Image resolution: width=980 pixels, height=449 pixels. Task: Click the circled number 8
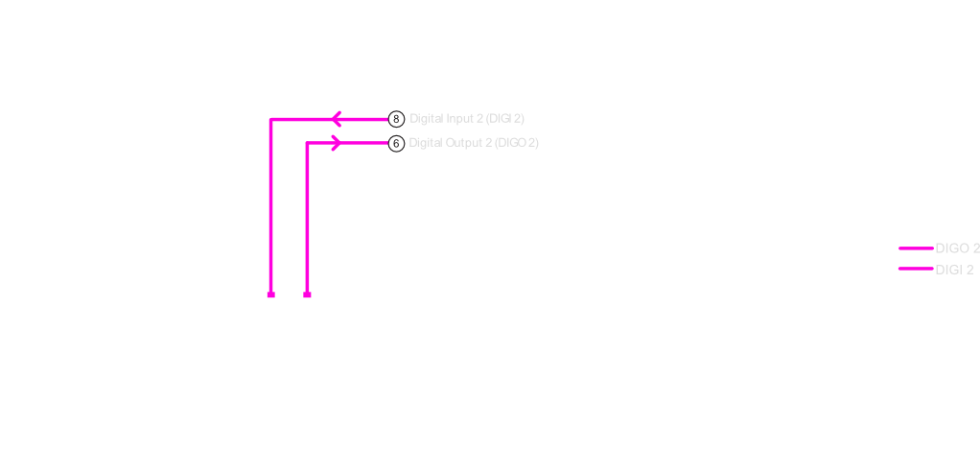[396, 119]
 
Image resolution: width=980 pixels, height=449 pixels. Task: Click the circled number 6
[396, 143]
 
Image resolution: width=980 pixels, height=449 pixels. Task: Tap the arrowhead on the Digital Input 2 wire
[337, 119]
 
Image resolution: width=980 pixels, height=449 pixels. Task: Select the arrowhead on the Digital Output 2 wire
[336, 143]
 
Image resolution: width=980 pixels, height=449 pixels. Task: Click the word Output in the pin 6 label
[469, 143]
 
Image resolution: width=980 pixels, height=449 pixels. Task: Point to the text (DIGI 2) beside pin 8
[505, 119]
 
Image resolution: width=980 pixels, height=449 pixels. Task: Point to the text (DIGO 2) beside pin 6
[519, 143]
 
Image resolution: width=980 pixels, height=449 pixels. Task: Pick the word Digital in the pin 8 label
[427, 119]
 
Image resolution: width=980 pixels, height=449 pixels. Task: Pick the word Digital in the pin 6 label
[427, 143]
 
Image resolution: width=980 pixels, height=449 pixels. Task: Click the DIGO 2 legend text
[957, 248]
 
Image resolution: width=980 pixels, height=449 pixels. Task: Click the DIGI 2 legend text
[954, 270]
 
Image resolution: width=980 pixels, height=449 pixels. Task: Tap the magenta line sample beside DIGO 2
[916, 248]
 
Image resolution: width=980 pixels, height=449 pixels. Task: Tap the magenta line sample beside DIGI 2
[916, 269]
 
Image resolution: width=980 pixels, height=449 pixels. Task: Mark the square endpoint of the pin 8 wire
[271, 295]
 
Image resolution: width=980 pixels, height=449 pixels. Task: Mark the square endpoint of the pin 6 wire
[307, 295]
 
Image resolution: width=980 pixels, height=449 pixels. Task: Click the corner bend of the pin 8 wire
[271, 119]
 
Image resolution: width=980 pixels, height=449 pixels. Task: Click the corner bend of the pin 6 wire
[307, 144]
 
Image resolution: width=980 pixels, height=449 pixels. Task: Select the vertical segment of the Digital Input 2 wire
[271, 206]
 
